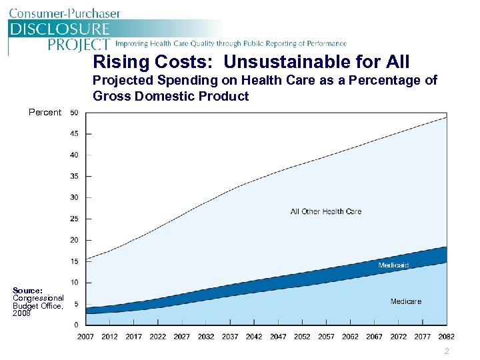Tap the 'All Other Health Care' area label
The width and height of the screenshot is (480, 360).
pyautogui.click(x=326, y=211)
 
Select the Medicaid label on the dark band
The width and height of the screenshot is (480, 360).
pyautogui.click(x=393, y=265)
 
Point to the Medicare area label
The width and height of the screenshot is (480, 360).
pyautogui.click(x=406, y=301)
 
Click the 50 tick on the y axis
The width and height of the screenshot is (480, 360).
pyautogui.click(x=74, y=112)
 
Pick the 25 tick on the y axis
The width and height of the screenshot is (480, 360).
pyautogui.click(x=74, y=219)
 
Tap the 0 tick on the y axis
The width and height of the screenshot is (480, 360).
pyautogui.click(x=76, y=325)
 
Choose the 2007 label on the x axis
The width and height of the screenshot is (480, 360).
pyautogui.click(x=85, y=337)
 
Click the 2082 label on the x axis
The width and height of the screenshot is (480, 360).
pyautogui.click(x=447, y=337)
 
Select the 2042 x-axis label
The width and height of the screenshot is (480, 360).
pyautogui.click(x=254, y=337)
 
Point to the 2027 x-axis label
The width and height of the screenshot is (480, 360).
pyautogui.click(x=182, y=337)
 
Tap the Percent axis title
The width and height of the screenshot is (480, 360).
pyautogui.click(x=45, y=112)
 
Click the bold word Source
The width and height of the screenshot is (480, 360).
pyautogui.click(x=27, y=291)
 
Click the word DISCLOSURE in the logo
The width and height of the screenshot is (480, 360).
pyautogui.click(x=59, y=29)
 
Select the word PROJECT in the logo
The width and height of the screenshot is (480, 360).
pyautogui.click(x=79, y=44)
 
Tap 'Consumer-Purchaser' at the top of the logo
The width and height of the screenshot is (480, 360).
pyautogui.click(x=65, y=13)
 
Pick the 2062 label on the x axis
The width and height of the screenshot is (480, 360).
pyautogui.click(x=350, y=337)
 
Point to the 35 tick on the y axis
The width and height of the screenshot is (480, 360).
pyautogui.click(x=74, y=176)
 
